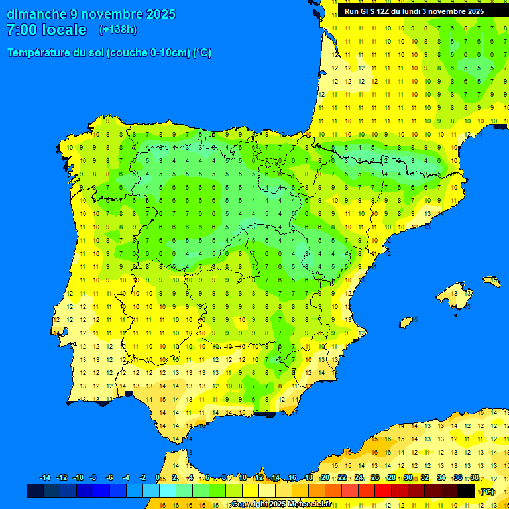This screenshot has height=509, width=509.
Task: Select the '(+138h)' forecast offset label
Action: [118, 30]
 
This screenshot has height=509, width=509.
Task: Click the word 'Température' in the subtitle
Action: [38, 53]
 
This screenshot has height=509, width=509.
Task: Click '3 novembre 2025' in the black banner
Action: [453, 11]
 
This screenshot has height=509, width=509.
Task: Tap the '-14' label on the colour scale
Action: [45, 478]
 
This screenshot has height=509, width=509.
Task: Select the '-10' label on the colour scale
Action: [78, 478]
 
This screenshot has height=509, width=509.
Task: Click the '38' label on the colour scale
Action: [474, 478]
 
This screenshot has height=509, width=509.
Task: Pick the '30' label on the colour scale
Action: [408, 478]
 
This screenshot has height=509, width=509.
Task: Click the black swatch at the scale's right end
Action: [466, 490]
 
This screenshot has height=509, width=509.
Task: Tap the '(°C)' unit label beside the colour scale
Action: [487, 491]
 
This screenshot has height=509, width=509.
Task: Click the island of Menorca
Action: [491, 281]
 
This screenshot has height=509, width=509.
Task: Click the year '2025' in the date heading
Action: [160, 14]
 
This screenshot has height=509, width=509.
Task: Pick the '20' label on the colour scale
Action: [325, 478]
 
